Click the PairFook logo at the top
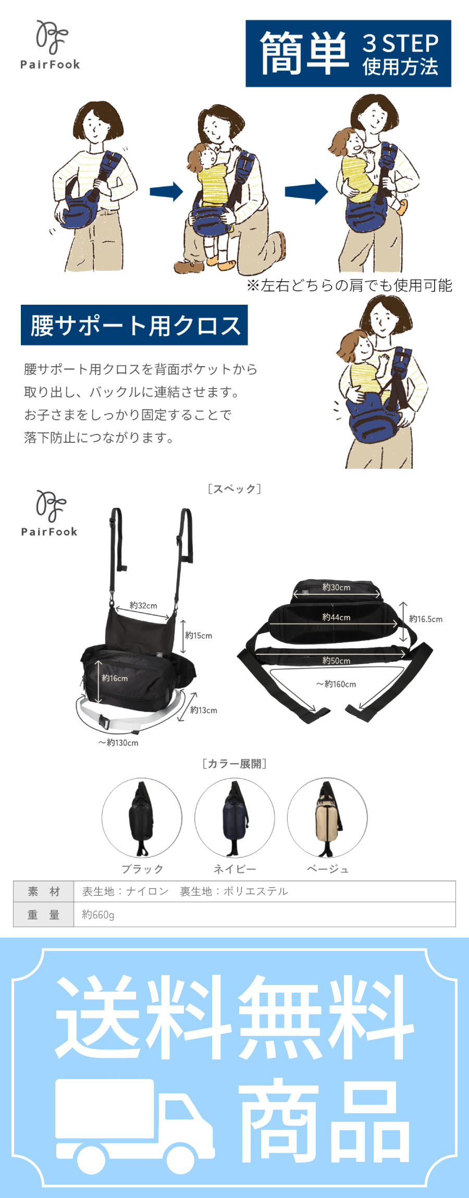tap(50, 45)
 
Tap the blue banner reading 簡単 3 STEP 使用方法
tap(348, 53)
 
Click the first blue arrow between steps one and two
tap(166, 192)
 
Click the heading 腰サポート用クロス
tap(134, 325)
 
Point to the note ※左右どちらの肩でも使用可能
tap(349, 285)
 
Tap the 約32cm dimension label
tap(143, 606)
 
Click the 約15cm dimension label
tap(199, 635)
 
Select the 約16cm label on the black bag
tap(115, 678)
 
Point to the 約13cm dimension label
tap(204, 710)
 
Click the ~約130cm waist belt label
tap(118, 743)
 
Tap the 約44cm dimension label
tap(336, 617)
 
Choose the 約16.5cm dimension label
tap(426, 619)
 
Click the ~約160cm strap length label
tap(336, 684)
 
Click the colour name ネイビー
tap(235, 869)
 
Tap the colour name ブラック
tap(143, 869)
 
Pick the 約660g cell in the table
tap(98, 915)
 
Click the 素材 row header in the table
tap(44, 892)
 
